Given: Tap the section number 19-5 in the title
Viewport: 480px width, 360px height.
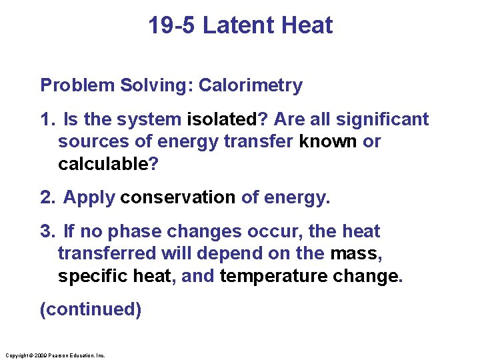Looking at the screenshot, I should [172, 25].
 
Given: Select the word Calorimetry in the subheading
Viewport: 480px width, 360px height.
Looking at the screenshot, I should [251, 85].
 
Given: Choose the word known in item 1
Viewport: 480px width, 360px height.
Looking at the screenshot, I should [328, 142].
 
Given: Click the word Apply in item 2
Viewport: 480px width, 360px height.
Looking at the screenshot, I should [89, 198].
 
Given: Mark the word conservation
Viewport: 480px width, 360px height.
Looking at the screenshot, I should [178, 198].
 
